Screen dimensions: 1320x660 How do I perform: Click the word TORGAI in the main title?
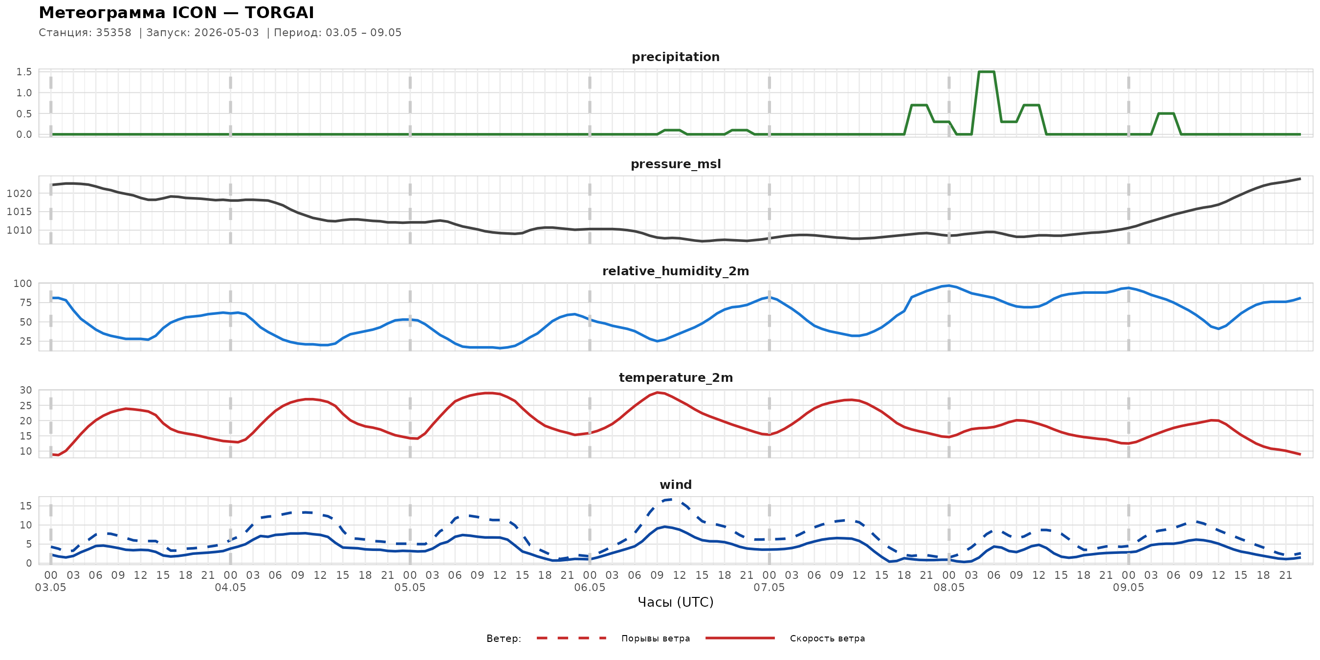(279, 13)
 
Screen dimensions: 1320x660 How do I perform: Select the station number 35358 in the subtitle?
(114, 33)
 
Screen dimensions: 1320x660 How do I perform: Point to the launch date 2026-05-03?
(226, 33)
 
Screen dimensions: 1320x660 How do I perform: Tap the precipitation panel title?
(675, 57)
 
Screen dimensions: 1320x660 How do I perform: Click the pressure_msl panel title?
(675, 164)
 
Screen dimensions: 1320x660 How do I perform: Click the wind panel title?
(675, 485)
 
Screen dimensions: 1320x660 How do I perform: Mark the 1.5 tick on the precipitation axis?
(24, 72)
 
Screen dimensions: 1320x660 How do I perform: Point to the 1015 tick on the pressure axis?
(20, 212)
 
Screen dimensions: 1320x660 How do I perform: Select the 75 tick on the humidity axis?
(25, 303)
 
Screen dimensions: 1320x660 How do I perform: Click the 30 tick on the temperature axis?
(25, 391)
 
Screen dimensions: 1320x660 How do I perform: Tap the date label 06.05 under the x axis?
(589, 588)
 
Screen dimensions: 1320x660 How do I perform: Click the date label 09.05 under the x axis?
(1128, 588)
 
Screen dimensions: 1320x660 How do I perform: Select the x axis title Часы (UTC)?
(675, 603)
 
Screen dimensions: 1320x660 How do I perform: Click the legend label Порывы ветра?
(656, 639)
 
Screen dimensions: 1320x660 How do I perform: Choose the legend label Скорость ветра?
(827, 639)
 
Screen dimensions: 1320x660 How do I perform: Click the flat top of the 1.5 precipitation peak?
(987, 72)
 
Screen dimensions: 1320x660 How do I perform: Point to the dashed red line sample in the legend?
(572, 638)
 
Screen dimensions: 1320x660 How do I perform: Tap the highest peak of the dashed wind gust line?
(672, 499)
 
